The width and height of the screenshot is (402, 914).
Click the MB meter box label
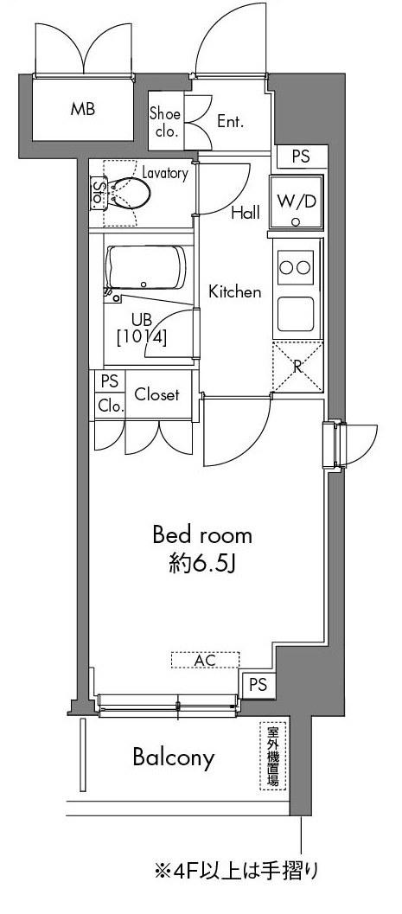pos(83,109)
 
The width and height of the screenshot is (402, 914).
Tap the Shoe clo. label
pos(165,122)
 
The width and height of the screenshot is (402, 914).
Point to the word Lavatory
pos(165,173)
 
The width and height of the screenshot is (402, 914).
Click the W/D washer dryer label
pos(296,201)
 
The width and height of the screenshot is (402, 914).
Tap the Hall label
pos(246,213)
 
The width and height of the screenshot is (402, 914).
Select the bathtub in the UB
pos(145,267)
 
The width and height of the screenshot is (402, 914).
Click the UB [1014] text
pos(142,329)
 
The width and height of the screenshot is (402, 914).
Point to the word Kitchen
pos(235,291)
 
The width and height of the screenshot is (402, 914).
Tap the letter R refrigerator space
pos(297,368)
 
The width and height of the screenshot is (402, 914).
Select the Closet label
pos(156,394)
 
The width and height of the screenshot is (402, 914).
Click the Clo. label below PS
pos(110,406)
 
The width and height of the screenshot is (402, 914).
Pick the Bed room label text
pos(202,534)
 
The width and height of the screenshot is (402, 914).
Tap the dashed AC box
pos(205,659)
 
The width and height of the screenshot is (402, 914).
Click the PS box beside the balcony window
pos(258,685)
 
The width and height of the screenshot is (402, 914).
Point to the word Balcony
pos(174,757)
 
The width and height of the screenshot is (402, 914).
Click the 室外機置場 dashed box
pos(272,756)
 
